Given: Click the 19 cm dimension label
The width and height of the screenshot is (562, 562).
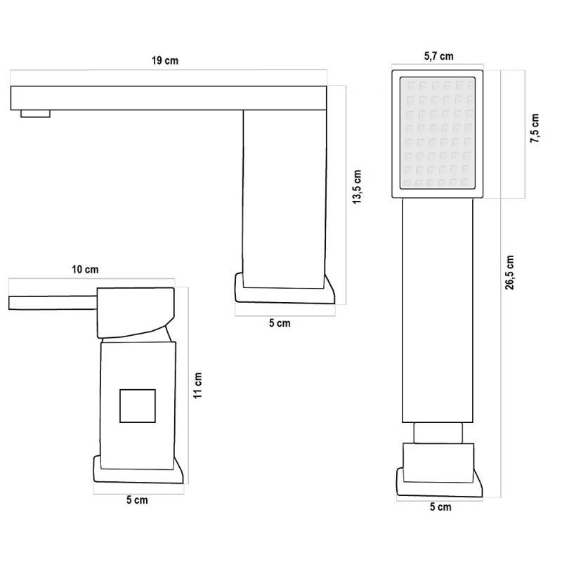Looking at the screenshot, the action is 165,60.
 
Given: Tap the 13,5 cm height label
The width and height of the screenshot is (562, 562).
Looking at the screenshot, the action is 357,187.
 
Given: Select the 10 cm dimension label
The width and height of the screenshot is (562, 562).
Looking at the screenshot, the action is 85,270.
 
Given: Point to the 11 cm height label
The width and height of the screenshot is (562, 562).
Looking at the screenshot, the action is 198,385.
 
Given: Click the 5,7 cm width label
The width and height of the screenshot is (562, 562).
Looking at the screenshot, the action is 438,56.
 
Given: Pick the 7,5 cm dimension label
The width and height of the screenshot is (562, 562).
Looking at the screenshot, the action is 535,129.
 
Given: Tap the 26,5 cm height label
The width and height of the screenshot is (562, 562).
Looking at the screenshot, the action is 510,273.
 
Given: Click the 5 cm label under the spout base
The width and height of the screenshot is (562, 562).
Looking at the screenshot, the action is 280,323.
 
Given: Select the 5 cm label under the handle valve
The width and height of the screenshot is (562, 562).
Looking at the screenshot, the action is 137,500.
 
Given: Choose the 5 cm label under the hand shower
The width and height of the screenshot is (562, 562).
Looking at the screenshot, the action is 440,507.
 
